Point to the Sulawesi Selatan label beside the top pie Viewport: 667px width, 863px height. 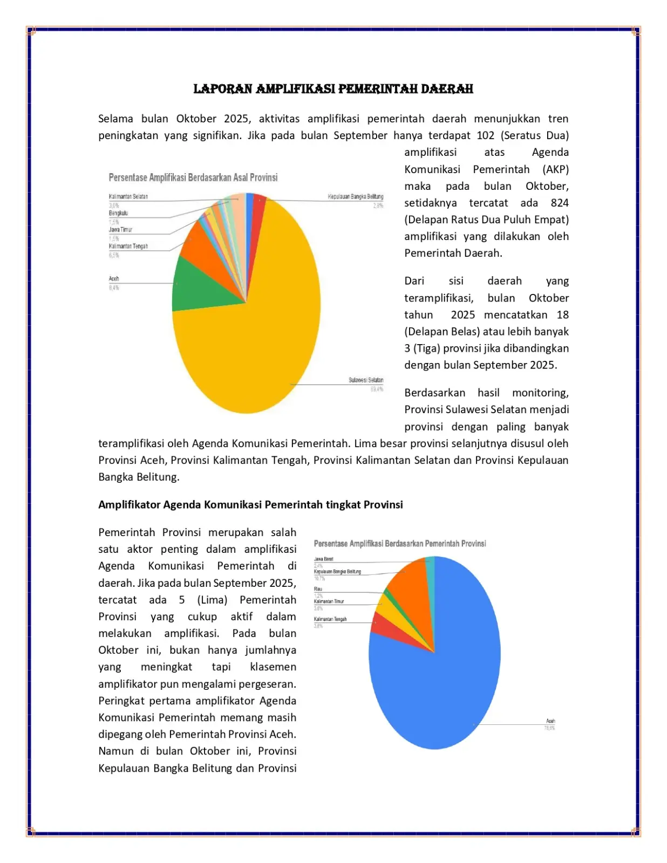pyautogui.click(x=365, y=380)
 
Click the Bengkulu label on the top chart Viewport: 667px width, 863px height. pyautogui.click(x=118, y=214)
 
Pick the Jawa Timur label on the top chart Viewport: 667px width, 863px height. pyautogui.click(x=120, y=230)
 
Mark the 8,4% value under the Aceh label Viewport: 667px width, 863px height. pyautogui.click(x=114, y=288)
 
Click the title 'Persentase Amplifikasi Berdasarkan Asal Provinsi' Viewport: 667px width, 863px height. pyautogui.click(x=193, y=177)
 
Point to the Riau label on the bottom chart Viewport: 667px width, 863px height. pyautogui.click(x=318, y=589)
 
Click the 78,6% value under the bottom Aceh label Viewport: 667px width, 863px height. pyautogui.click(x=549, y=728)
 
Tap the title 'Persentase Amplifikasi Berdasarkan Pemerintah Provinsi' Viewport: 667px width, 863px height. pyautogui.click(x=399, y=544)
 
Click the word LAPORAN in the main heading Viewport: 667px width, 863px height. pyautogui.click(x=223, y=89)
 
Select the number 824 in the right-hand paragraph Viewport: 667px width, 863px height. pyautogui.click(x=559, y=203)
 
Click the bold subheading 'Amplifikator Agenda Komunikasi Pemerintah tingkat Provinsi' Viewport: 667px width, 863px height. pyautogui.click(x=250, y=505)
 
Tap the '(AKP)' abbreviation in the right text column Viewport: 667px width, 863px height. pyautogui.click(x=555, y=169)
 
